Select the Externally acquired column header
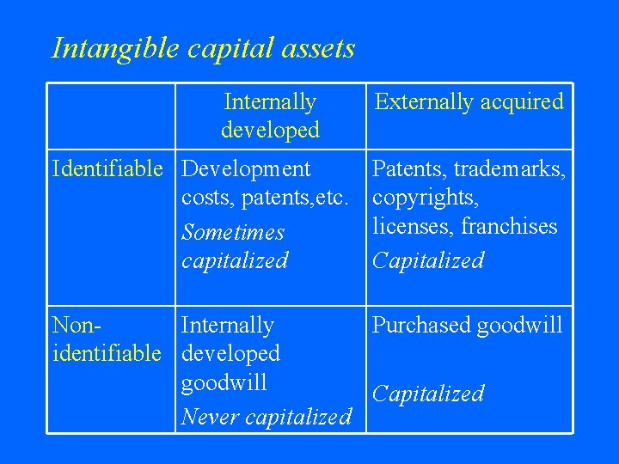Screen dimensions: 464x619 click(469, 102)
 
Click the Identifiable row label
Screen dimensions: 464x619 click(107, 168)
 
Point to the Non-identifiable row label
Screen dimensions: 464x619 click(107, 339)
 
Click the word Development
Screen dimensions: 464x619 click(247, 168)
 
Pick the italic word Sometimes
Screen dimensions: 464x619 click(233, 233)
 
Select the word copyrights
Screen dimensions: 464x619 click(426, 198)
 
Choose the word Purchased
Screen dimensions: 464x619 click(421, 325)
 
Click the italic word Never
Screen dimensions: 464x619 click(210, 418)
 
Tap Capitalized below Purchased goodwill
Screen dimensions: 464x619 click(428, 394)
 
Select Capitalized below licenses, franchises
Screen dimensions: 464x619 click(428, 260)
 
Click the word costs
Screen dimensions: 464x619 click(204, 198)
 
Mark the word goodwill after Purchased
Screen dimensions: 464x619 click(519, 325)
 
